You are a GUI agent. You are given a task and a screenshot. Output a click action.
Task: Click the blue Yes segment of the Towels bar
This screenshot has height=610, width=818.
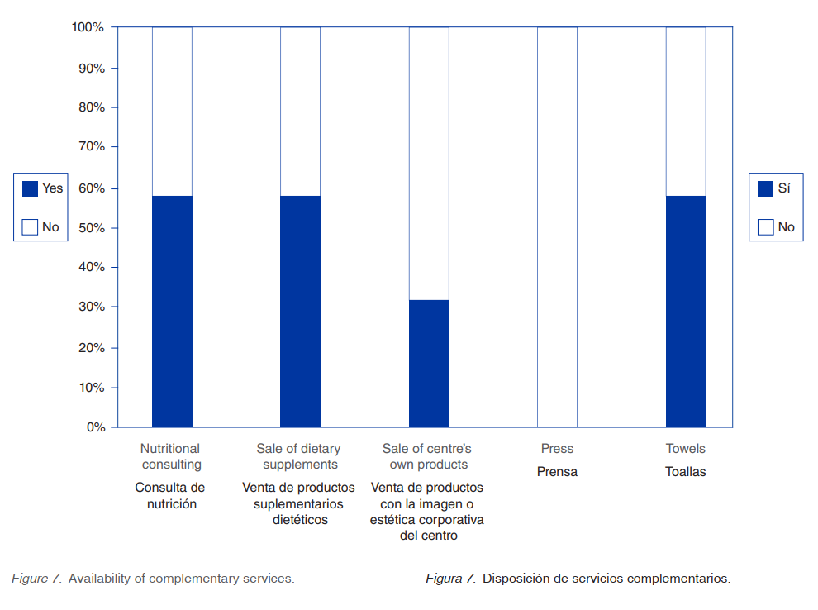click(x=686, y=312)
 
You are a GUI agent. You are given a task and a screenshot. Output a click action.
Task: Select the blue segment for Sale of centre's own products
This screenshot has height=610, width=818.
click(x=429, y=364)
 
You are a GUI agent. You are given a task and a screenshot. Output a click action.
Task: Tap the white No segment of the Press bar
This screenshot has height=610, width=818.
click(x=557, y=227)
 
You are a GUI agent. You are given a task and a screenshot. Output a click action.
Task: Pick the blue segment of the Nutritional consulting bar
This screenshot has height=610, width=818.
click(x=172, y=312)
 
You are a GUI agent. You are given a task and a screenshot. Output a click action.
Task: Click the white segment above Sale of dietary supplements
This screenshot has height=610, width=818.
click(x=300, y=112)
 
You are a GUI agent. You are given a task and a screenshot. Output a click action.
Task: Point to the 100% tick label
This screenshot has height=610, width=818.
click(x=88, y=27)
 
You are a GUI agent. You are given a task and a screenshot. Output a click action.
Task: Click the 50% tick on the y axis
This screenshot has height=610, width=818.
click(x=90, y=227)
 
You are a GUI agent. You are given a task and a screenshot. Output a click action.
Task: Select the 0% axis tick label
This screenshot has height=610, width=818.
click(x=94, y=427)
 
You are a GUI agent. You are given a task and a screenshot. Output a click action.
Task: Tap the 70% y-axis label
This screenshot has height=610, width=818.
click(x=90, y=147)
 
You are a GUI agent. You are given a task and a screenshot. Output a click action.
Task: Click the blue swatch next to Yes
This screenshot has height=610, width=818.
click(x=30, y=188)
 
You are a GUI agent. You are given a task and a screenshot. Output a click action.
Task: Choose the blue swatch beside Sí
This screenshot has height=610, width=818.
click(x=765, y=188)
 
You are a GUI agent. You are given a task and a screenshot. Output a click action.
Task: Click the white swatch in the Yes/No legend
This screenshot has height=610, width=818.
click(x=30, y=226)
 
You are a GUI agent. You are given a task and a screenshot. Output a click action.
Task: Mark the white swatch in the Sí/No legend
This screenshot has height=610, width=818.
click(x=765, y=226)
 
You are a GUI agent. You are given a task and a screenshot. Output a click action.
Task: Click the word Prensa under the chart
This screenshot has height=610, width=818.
click(x=557, y=472)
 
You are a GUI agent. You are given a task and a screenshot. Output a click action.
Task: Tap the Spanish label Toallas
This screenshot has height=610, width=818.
click(x=686, y=472)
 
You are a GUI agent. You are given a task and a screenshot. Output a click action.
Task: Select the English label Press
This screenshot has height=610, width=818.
click(x=557, y=449)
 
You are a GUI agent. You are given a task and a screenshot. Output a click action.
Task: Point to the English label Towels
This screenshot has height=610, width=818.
click(x=686, y=449)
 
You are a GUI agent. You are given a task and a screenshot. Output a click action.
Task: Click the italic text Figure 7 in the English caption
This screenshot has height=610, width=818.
click(x=36, y=579)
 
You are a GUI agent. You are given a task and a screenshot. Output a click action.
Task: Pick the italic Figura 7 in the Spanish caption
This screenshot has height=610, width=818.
click(x=450, y=579)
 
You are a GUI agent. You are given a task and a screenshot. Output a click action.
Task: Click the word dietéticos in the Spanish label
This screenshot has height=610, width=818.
click(x=300, y=520)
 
